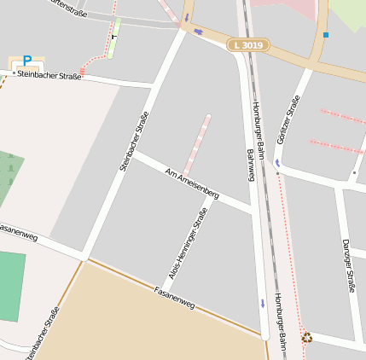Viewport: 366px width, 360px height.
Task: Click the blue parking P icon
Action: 27,61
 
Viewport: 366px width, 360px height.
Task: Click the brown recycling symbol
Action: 307,338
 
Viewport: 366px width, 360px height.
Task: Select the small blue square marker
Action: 325,35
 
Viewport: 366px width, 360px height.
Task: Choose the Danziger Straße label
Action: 348,265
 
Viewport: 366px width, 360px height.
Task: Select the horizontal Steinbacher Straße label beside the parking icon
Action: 49,76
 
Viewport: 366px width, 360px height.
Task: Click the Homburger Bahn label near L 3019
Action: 255,123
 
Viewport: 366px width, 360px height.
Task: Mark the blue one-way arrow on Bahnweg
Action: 263,304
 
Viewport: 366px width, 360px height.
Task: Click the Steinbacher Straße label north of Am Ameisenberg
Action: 135,142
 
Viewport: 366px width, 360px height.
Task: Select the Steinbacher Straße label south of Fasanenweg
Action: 42,334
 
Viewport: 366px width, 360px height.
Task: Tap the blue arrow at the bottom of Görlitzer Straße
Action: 277,162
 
